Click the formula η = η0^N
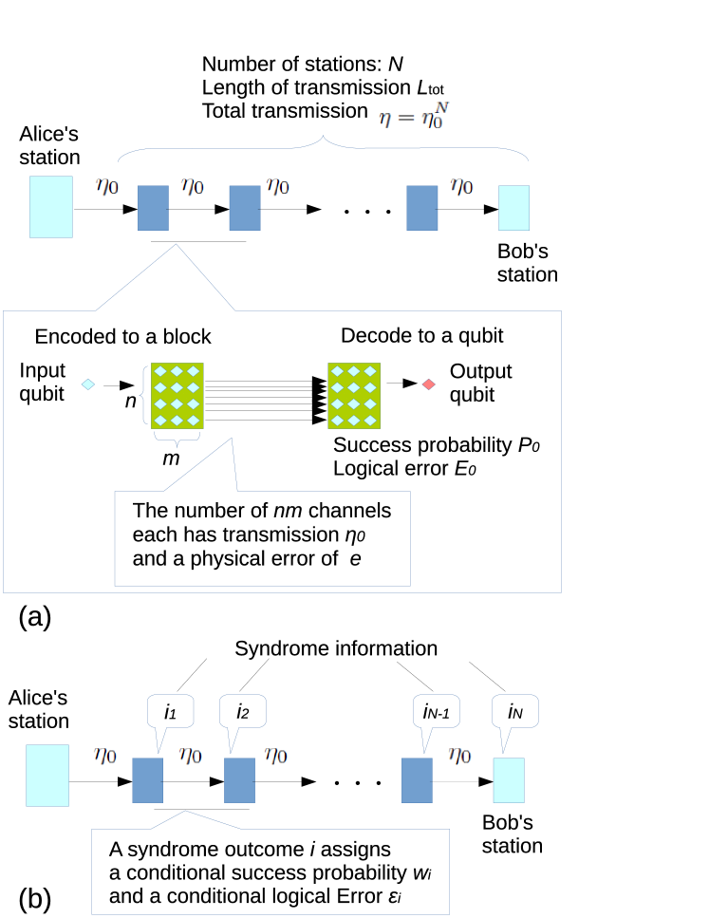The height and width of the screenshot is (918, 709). [415, 115]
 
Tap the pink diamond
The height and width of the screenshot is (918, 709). [428, 384]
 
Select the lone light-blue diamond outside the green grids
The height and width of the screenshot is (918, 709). [87, 384]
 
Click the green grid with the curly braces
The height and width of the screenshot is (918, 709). [177, 396]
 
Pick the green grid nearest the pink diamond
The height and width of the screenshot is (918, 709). [354, 396]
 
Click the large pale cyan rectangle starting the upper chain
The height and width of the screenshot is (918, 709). [51, 207]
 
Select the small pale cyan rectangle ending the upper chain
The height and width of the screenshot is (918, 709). [513, 208]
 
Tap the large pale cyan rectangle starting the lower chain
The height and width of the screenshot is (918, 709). [47, 776]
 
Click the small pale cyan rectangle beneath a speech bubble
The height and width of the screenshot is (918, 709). [509, 780]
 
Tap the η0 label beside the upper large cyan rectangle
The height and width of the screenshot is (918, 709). [107, 186]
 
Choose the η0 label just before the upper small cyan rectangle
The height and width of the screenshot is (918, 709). [461, 186]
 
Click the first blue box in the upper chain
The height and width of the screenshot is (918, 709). [153, 208]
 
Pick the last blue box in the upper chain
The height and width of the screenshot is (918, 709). [422, 208]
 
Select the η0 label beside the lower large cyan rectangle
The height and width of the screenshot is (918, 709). [104, 756]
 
